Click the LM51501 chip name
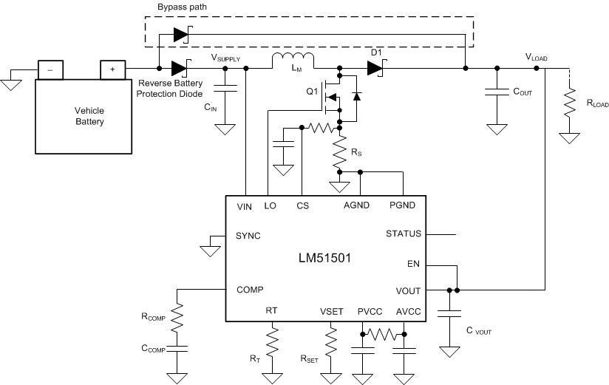(324, 259)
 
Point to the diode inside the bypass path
(180, 34)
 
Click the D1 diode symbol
(375, 69)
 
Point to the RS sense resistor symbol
(341, 154)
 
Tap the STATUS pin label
(404, 234)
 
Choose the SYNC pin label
(248, 236)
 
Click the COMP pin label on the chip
(250, 290)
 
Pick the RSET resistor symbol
(331, 343)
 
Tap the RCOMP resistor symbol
(177, 318)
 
